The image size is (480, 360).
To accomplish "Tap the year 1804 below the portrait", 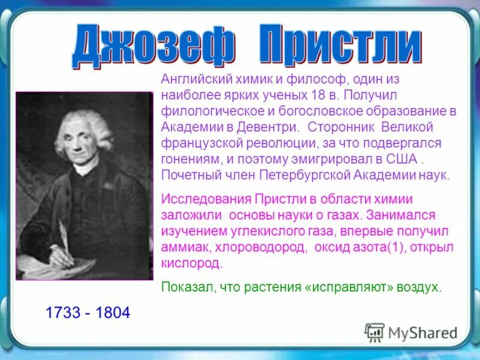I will click(112, 313).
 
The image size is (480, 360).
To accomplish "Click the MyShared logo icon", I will click(374, 332).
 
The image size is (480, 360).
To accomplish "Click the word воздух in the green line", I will click(419, 287).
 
